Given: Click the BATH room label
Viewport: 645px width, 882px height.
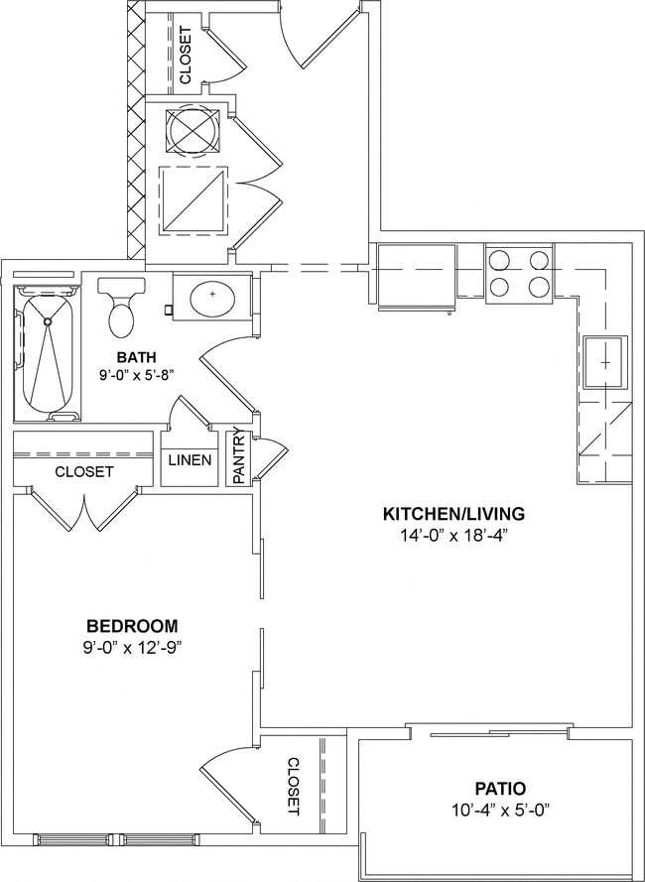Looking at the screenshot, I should coord(136,357).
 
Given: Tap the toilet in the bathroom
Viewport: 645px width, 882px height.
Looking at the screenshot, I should coord(122,309).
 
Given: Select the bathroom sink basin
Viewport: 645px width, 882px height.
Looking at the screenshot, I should coord(210,297).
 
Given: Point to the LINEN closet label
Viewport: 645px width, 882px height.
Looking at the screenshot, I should coord(189,460).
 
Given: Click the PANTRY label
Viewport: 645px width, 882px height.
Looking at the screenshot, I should coord(239,456).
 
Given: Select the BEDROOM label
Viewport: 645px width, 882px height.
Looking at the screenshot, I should coord(132,626).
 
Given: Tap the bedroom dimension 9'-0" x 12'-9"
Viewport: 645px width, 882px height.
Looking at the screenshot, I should coord(132,647).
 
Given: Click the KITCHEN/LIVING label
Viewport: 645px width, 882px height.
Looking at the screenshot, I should coord(453,514).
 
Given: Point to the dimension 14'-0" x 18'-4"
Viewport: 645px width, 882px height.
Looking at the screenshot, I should coord(453,535).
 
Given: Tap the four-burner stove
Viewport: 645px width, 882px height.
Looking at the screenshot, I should coord(519,274).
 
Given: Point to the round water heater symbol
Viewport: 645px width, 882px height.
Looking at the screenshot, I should coord(192,129).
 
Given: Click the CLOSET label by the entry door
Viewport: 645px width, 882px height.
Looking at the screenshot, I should coord(186,54).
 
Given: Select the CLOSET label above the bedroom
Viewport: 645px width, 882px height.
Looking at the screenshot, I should coord(83,472).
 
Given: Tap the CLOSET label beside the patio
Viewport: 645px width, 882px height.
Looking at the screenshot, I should coord(293,786).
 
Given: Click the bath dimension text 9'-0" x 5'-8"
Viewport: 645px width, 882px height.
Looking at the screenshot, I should coord(136,376).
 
